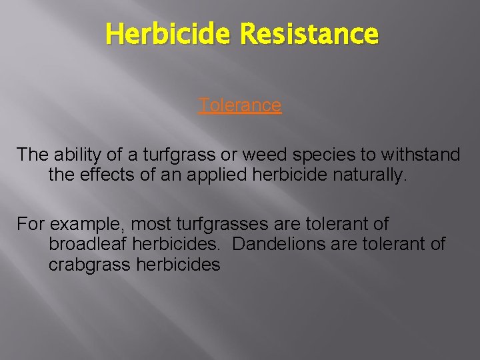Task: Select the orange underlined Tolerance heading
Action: [x=240, y=105]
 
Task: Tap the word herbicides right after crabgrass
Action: [x=178, y=265]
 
